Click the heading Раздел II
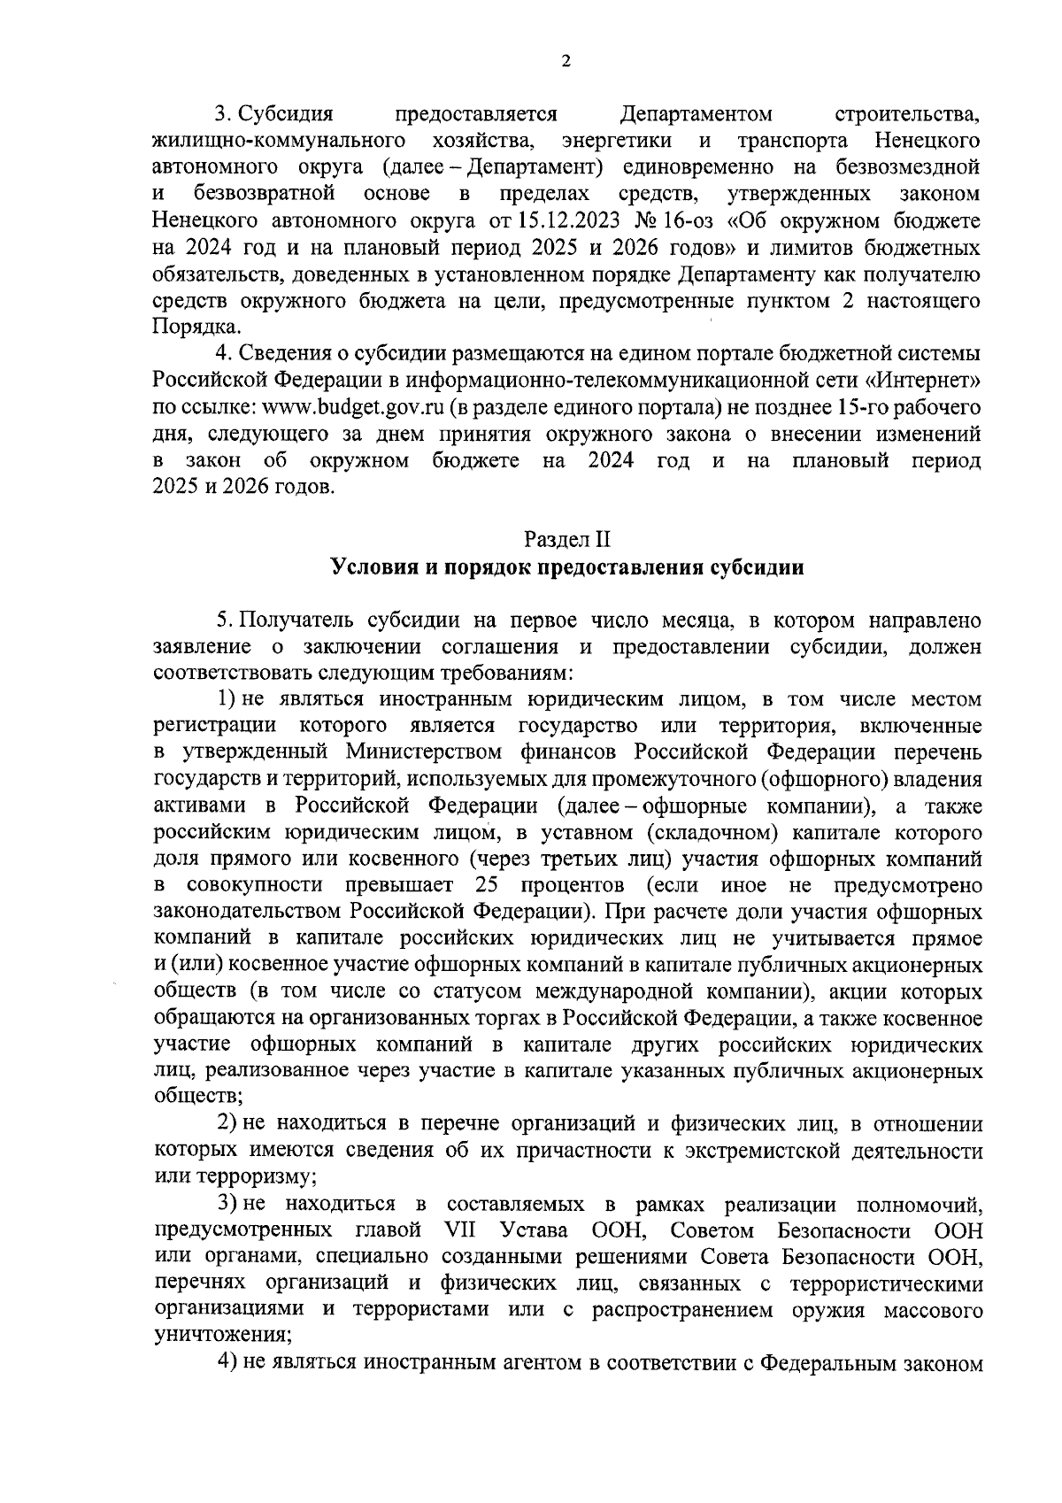566,539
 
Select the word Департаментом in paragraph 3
696,114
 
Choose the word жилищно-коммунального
279,141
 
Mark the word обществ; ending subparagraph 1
187,1097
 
